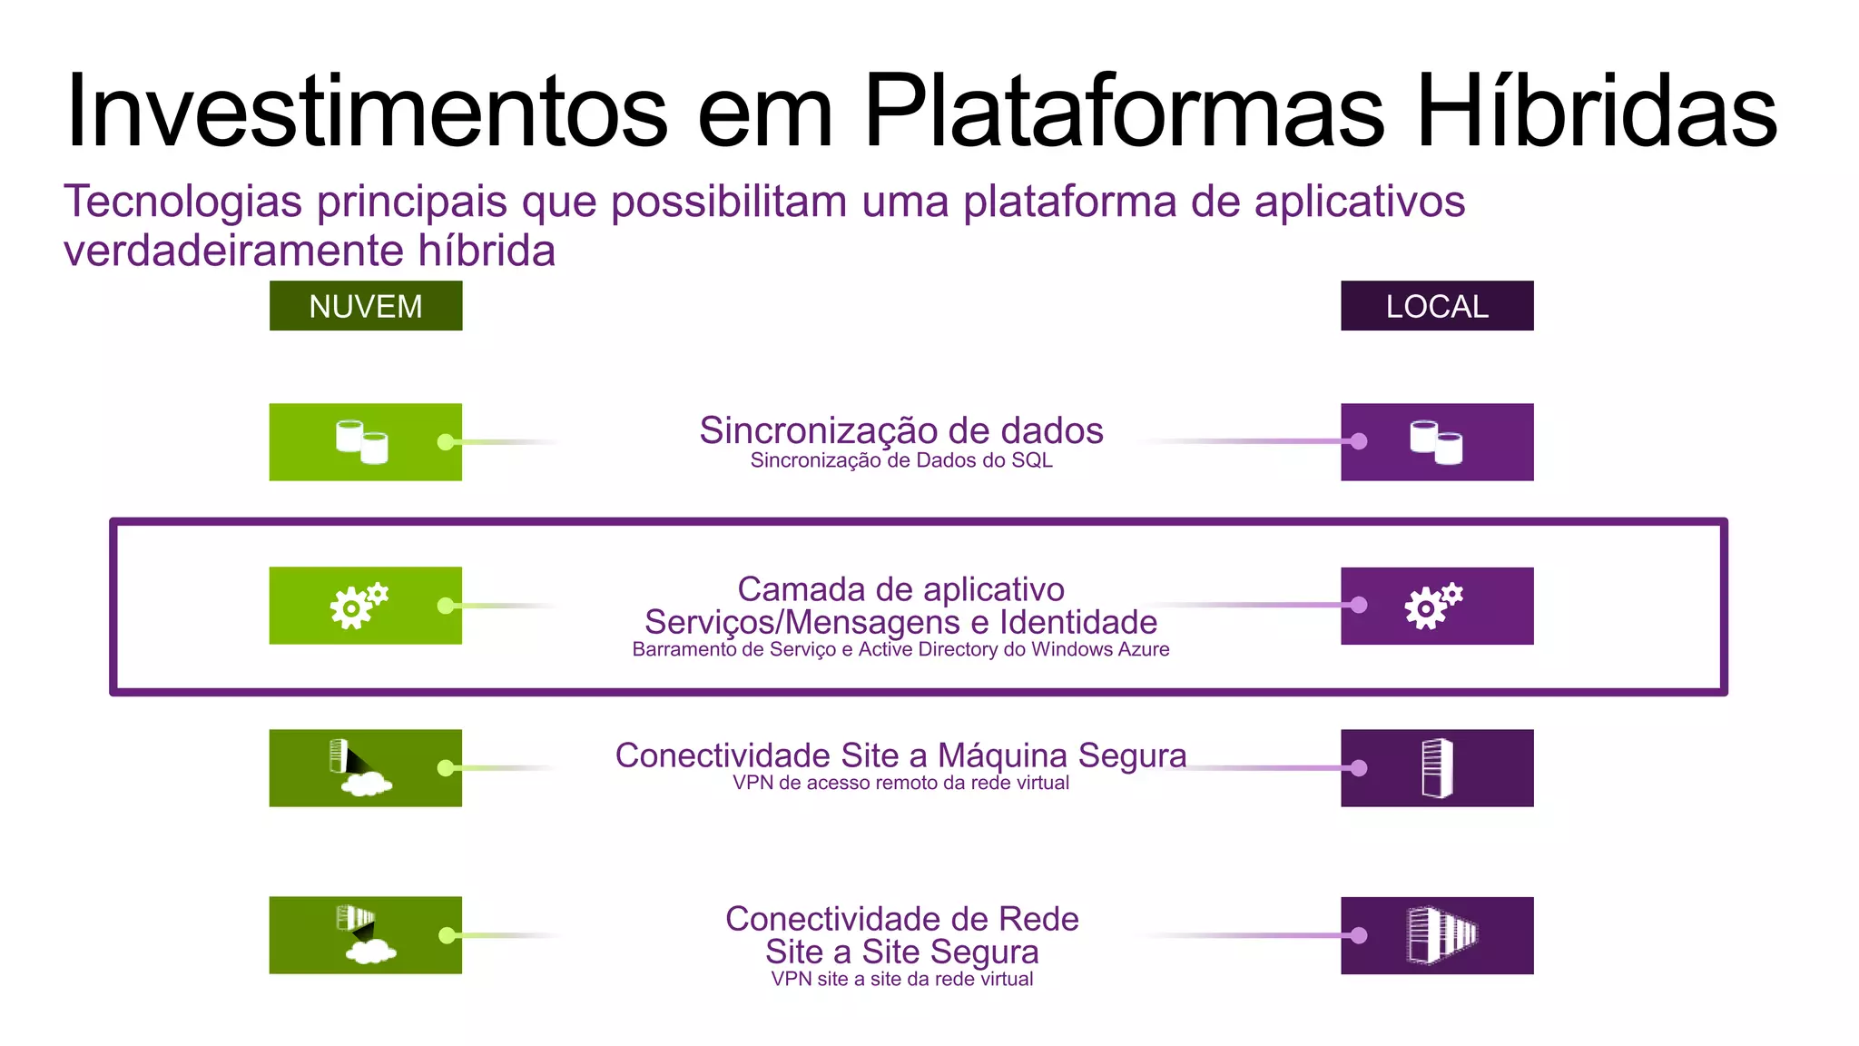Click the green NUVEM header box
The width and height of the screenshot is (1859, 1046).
click(365, 306)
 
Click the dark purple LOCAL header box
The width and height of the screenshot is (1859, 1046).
click(1437, 306)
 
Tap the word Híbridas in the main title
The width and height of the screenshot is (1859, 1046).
click(1596, 111)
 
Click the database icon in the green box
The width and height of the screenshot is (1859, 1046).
click(361, 441)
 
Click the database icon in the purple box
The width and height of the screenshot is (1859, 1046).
click(1436, 441)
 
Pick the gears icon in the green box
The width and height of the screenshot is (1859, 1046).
click(359, 606)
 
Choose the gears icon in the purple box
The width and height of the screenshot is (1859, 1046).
click(1433, 606)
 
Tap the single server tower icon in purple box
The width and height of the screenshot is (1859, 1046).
click(1437, 768)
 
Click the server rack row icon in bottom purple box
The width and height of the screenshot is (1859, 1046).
click(1441, 934)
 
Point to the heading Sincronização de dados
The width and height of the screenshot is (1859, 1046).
click(900, 430)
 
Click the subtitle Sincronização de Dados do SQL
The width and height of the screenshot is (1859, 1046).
click(900, 460)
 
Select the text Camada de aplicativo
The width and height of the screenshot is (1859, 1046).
click(900, 589)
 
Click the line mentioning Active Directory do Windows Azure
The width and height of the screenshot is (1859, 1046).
click(900, 649)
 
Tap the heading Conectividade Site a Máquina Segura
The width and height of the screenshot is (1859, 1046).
click(900, 755)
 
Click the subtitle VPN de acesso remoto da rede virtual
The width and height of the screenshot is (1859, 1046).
click(900, 783)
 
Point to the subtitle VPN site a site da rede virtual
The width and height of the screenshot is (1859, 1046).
click(901, 979)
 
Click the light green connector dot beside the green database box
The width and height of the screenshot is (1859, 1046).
click(446, 442)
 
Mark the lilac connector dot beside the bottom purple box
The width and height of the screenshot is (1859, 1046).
click(1358, 935)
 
